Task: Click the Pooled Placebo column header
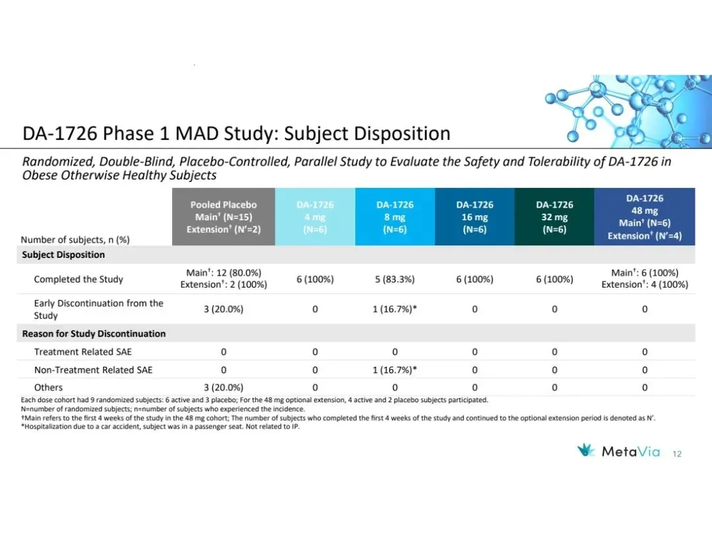tap(223, 217)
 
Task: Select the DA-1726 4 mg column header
tap(314, 217)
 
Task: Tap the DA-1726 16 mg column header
tap(475, 217)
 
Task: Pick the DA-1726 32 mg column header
tap(554, 217)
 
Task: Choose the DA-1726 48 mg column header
tap(644, 217)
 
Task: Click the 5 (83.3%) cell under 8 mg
tap(395, 279)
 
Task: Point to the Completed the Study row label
tap(78, 279)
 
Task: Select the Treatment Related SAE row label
tap(83, 352)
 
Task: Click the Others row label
tap(49, 388)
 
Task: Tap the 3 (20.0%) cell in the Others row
tap(223, 388)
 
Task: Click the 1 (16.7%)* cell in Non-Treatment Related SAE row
tap(395, 370)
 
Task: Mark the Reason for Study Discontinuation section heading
tap(94, 334)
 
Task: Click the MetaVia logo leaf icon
tap(586, 451)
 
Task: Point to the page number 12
tap(676, 454)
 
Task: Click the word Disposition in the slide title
tap(402, 134)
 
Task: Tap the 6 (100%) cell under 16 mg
tap(475, 279)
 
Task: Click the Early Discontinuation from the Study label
tap(98, 309)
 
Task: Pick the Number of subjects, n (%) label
tap(75, 240)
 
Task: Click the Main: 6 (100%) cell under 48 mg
tap(644, 273)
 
